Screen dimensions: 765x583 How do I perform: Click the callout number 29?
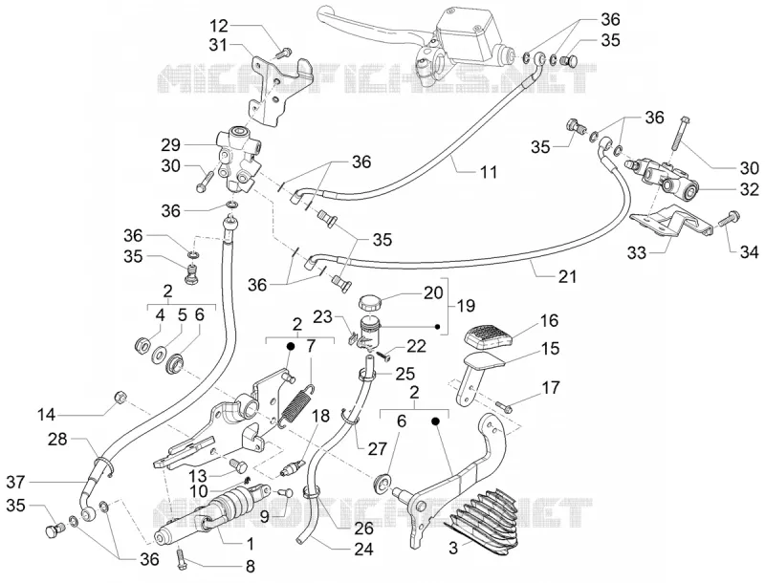click(170, 144)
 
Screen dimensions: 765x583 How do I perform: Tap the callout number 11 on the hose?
click(488, 172)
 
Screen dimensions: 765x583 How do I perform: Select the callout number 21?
click(567, 276)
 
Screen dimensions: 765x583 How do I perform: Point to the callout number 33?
click(637, 253)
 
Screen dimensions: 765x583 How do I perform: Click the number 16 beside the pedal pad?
click(549, 321)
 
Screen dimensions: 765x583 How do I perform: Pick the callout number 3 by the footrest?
click(453, 549)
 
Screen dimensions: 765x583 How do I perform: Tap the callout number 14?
click(48, 416)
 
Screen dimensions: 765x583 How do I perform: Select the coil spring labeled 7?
click(297, 402)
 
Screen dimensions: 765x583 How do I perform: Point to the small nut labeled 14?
click(120, 398)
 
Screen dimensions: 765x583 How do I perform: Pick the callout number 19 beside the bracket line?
click(466, 306)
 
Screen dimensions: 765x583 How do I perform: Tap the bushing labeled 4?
click(142, 347)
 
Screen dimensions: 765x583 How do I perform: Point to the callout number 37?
click(16, 482)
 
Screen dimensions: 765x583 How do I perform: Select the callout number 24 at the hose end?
click(363, 550)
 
